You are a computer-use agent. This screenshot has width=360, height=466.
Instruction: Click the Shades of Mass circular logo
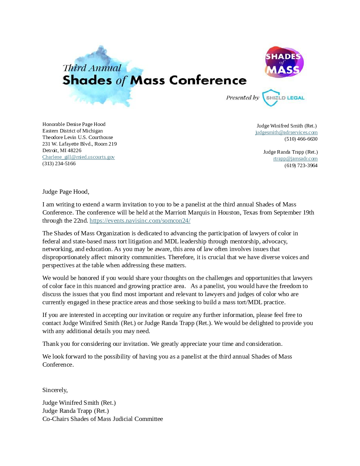coord(284,62)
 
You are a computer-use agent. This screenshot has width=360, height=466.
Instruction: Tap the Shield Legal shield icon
coord(269,98)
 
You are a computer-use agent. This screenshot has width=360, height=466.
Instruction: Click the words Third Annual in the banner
coord(92,68)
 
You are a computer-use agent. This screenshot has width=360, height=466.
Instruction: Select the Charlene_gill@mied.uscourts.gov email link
coord(79,157)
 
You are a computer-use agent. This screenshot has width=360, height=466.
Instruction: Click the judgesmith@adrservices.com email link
coord(286,132)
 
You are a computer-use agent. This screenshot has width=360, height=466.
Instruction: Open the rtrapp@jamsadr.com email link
coord(295,159)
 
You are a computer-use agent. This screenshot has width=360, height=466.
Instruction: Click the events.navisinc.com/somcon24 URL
coord(140,221)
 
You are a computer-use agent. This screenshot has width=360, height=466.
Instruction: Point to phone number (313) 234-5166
coord(59,164)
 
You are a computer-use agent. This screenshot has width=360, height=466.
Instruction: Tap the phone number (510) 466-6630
coord(301,139)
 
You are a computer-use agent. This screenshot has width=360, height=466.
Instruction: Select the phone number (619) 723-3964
coord(301,166)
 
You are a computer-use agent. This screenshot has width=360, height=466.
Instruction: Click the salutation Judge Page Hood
coord(65,191)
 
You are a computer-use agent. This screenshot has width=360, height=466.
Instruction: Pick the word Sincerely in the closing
coord(55,390)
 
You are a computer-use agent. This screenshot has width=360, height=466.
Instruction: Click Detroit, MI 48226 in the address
coord(62,151)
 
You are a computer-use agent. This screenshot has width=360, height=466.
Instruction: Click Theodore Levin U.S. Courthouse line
coord(77,137)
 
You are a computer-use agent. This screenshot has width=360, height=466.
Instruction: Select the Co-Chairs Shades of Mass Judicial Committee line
coord(102,419)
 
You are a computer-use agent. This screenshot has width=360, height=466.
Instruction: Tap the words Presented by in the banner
coord(242,98)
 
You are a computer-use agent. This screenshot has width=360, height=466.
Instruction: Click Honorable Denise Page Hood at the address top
coord(74,124)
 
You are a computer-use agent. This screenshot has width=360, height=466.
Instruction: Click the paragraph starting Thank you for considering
coord(162,344)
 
